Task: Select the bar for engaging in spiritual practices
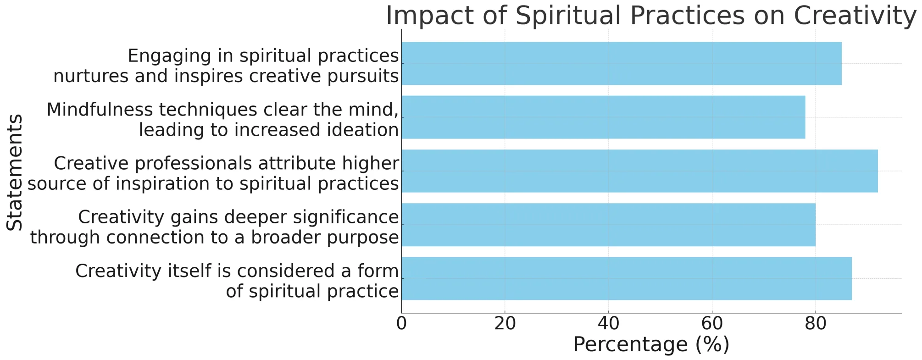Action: click(622, 63)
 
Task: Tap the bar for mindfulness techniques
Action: click(603, 117)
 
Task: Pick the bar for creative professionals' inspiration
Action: click(640, 171)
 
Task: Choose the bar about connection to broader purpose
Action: click(609, 225)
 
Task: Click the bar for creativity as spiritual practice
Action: click(627, 278)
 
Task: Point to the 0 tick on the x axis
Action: click(401, 324)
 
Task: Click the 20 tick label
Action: click(505, 324)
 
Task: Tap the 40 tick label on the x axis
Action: click(609, 324)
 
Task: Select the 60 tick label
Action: click(712, 324)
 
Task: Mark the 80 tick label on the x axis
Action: click(816, 324)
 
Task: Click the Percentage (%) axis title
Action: click(651, 345)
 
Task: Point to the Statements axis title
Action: click(15, 172)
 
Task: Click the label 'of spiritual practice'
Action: click(312, 291)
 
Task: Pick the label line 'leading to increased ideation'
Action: click(269, 130)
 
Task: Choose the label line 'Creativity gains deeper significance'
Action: click(239, 217)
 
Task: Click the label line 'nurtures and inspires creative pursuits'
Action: click(226, 76)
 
